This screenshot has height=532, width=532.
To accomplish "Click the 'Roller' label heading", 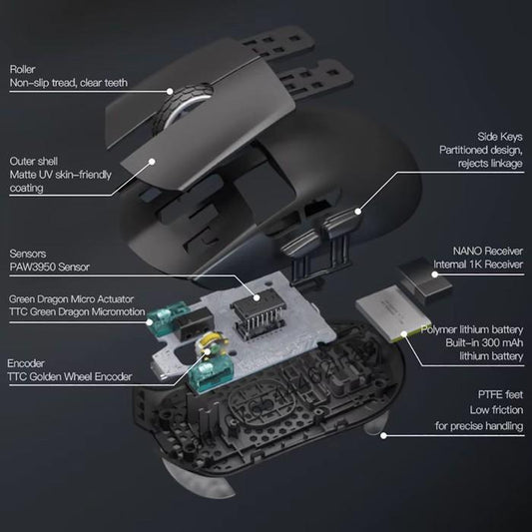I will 22,69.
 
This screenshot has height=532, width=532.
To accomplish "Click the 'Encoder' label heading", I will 27,363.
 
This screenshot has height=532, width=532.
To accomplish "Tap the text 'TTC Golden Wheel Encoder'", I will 70,378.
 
